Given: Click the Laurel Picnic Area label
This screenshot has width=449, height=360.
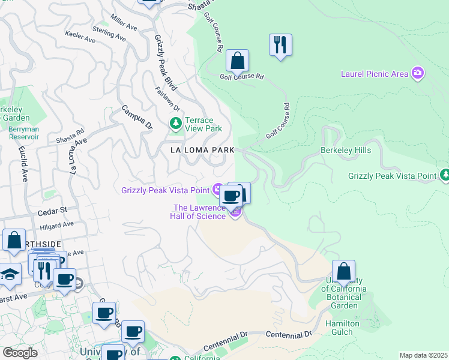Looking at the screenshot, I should point(375,74).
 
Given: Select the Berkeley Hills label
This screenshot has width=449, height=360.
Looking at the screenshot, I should point(346,150).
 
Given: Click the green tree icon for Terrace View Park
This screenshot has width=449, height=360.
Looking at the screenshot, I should point(176,124).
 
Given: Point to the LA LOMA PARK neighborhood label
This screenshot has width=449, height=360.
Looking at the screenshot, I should point(201,149).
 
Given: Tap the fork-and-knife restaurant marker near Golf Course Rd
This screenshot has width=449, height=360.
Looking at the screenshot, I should point(280,45).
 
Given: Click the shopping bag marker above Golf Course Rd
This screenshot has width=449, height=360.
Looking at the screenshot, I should point(237,61).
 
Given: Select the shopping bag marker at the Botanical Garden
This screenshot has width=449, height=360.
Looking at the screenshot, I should point(343,271).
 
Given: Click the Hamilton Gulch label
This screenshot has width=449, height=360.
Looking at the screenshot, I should point(343,328).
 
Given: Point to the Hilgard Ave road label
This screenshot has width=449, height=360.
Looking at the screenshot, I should point(56,226).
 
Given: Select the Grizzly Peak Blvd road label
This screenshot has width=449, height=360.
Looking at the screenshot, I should point(164,55).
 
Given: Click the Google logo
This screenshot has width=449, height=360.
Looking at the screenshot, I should point(20,352).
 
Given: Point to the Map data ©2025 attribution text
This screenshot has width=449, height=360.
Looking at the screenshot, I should point(423,355).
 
